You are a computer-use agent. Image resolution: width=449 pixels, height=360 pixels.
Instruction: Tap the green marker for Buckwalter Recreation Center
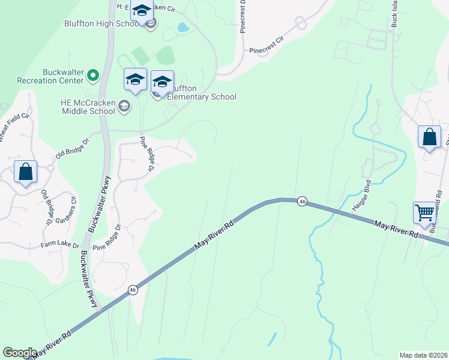pos(93,75)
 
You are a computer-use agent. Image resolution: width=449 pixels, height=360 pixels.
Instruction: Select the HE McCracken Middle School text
pos(88,106)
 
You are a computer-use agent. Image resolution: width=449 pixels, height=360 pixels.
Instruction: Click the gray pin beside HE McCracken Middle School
pos(124,106)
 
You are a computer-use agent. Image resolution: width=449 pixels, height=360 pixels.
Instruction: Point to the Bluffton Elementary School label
pos(201,92)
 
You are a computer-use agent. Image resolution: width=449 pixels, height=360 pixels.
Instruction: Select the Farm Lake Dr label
pos(60,245)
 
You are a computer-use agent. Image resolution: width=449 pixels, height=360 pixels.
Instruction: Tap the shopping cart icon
pos(424,212)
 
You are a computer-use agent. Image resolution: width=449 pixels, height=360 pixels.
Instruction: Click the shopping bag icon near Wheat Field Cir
pos(26,172)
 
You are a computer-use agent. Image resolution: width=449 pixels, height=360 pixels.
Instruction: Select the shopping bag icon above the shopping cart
pos(430,137)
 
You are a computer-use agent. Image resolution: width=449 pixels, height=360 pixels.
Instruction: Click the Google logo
pos(20,353)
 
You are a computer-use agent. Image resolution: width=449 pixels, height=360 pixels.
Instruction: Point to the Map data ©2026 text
pos(423,355)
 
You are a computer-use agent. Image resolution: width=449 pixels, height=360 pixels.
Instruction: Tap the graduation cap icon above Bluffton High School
pos(142,11)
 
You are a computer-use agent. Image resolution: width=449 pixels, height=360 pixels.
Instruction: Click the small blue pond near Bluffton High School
pos(181,27)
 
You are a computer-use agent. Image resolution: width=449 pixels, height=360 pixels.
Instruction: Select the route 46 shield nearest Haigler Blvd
pos(302,202)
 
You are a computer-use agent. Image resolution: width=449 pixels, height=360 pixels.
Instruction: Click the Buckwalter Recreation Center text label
pos(46,76)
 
